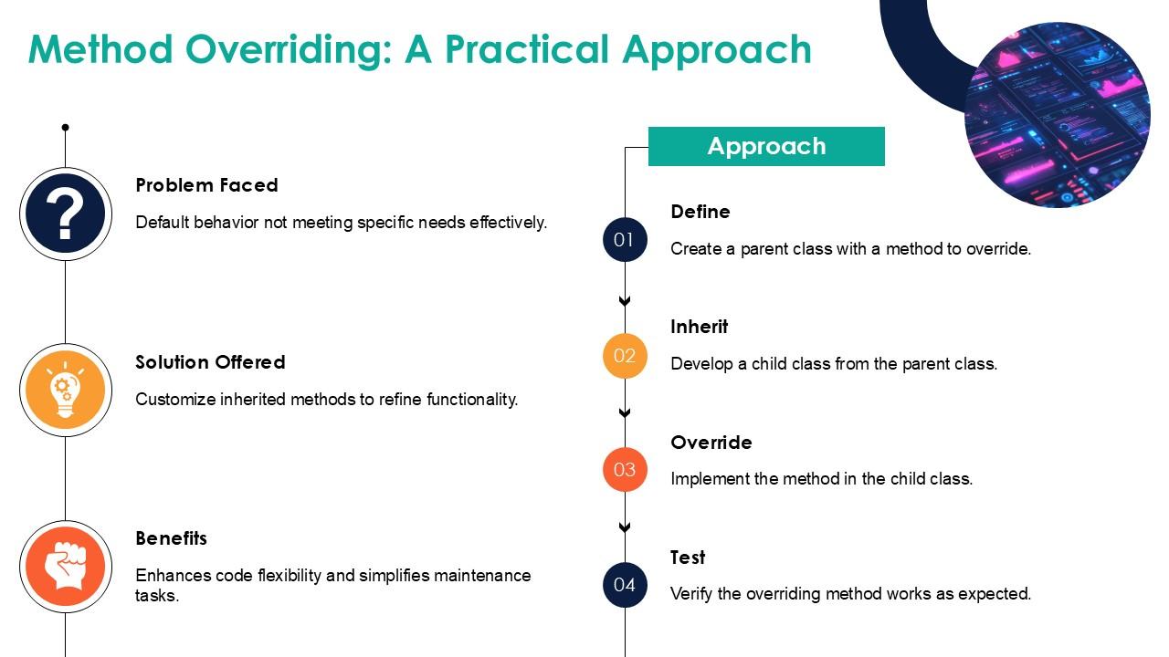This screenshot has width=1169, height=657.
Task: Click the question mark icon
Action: [66, 214]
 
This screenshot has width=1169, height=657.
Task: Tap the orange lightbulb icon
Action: [66, 390]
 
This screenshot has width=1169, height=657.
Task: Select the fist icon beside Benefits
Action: [66, 567]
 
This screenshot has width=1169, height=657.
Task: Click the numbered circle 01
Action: [625, 240]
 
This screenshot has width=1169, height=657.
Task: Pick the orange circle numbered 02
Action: [625, 356]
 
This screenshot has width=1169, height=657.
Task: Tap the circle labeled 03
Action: [625, 469]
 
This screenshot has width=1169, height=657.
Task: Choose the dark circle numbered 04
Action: [625, 585]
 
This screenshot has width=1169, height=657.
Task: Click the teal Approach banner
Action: [766, 147]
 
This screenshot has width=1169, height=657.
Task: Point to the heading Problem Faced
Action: [206, 185]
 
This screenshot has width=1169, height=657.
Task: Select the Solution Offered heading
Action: [210, 362]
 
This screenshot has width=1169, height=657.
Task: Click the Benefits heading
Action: [171, 538]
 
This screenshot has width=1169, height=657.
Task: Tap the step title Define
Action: [700, 212]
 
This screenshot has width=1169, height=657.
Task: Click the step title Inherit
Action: [700, 327]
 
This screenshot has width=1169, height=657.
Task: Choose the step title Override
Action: [711, 443]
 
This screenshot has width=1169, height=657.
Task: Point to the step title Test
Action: [688, 558]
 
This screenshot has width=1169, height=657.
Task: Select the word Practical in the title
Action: [527, 49]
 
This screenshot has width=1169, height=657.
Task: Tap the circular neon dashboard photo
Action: [1058, 115]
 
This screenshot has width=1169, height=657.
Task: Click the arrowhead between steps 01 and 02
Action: [625, 301]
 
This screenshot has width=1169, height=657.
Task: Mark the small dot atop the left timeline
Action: [65, 127]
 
